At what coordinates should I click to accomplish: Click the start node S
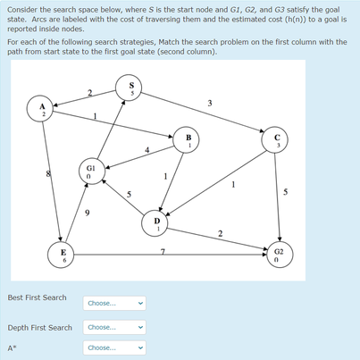tap(132, 89)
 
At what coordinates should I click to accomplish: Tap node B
tap(188, 140)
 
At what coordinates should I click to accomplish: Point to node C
tap(278, 140)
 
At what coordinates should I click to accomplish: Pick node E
tap(62, 255)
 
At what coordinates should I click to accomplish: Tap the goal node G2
tap(279, 255)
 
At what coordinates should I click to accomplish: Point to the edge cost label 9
tap(86, 212)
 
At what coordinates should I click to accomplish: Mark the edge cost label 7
tap(162, 248)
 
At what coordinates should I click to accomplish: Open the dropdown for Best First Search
tap(114, 303)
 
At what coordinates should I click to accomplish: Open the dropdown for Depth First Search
tap(114, 327)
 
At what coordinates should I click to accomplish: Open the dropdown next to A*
tap(114, 347)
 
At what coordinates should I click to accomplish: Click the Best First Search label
tap(37, 297)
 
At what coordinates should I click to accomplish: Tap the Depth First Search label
tap(39, 328)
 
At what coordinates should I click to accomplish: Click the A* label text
tap(12, 347)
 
